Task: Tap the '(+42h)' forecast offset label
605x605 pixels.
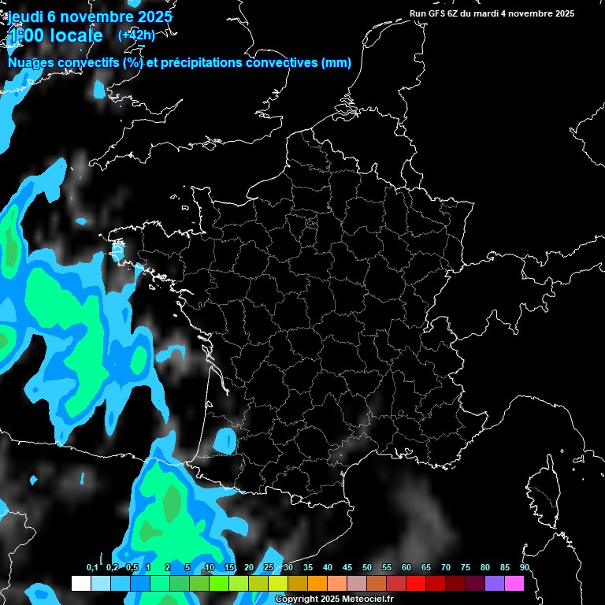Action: pyautogui.click(x=136, y=35)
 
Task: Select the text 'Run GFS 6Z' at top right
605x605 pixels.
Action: pyautogui.click(x=434, y=13)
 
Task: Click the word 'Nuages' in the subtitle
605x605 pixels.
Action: pyautogui.click(x=31, y=63)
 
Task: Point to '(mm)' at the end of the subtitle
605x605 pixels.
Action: pyautogui.click(x=336, y=63)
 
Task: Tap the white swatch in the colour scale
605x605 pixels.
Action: pyautogui.click(x=80, y=583)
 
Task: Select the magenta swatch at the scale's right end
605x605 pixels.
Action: pyautogui.click(x=514, y=583)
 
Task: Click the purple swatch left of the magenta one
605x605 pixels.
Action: pyautogui.click(x=495, y=583)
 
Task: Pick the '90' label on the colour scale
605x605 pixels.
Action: pyautogui.click(x=524, y=567)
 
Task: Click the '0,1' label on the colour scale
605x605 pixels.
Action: pyautogui.click(x=91, y=567)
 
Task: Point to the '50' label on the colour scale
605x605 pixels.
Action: pyautogui.click(x=367, y=567)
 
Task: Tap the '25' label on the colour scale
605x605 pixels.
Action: pyautogui.click(x=269, y=567)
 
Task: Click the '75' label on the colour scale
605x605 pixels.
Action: pyautogui.click(x=465, y=567)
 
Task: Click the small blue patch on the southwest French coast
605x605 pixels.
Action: pyautogui.click(x=226, y=439)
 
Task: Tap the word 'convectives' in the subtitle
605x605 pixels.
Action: pyautogui.click(x=280, y=63)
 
